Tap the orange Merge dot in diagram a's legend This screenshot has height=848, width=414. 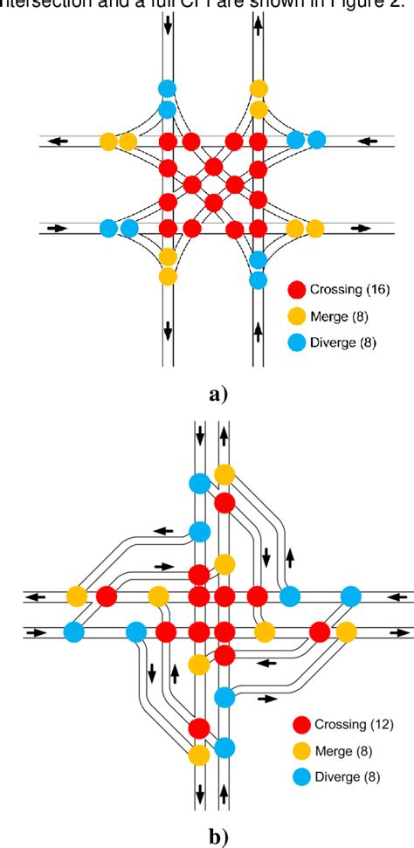click(298, 315)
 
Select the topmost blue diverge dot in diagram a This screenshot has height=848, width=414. click(167, 88)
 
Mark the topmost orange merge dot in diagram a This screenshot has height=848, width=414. click(258, 88)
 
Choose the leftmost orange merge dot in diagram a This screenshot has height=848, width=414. click(108, 141)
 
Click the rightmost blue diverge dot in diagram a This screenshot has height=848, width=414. click(316, 140)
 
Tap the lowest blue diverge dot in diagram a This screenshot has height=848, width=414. click(258, 280)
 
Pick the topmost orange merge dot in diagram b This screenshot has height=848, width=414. click(224, 474)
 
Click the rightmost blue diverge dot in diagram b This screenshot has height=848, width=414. click(351, 596)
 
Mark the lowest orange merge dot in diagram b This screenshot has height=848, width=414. click(199, 754)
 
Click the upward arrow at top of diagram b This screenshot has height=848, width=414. click(224, 433)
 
